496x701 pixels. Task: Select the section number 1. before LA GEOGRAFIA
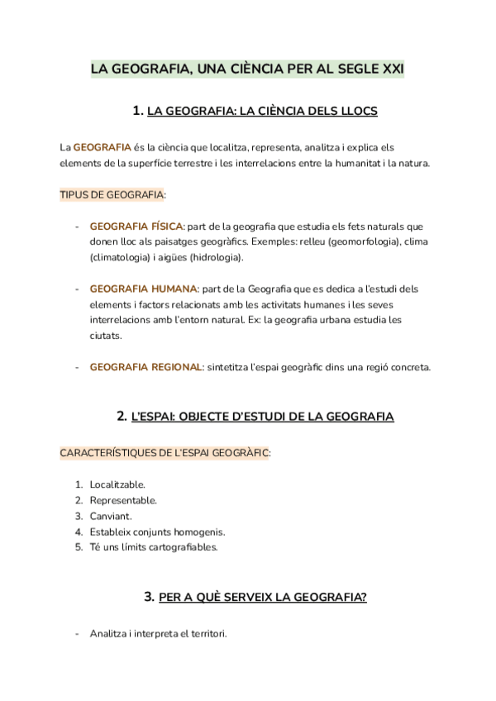click(x=137, y=110)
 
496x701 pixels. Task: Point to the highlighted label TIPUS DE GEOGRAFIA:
click(x=112, y=195)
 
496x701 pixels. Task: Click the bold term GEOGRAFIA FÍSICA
click(x=136, y=226)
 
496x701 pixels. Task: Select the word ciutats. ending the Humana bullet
click(x=105, y=336)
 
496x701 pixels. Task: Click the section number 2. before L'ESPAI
click(x=122, y=417)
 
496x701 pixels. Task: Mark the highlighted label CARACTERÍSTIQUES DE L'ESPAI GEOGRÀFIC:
click(x=165, y=453)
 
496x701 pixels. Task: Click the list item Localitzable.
click(x=117, y=484)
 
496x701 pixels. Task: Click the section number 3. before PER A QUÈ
click(x=150, y=596)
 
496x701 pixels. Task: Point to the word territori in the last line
click(x=204, y=634)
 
